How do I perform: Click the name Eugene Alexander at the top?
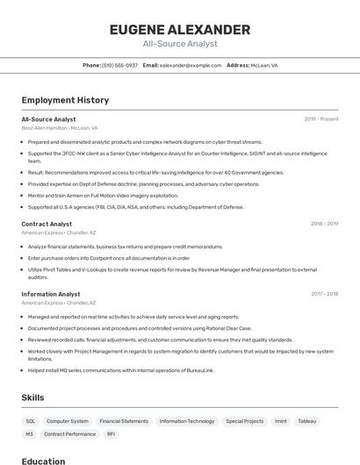coord(180,30)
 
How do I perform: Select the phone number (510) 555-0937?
coord(119,65)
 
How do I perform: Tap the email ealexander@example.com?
coord(190,65)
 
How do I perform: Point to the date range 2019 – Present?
coord(321,118)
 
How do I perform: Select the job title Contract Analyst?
coord(47,224)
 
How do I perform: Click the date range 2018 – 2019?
coord(324,224)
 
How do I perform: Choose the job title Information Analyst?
coord(50,294)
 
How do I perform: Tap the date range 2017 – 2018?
coord(324,294)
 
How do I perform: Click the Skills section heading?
coord(32,397)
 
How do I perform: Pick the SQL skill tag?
coord(31,421)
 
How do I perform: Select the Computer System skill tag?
coord(68,421)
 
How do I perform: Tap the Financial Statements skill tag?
coord(124,421)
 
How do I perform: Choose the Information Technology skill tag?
coord(187,421)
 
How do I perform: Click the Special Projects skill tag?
coord(244,421)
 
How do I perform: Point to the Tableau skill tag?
coord(306,421)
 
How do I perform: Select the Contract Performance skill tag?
coord(70,434)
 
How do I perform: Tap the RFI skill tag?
coord(112,434)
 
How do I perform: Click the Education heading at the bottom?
coord(43,461)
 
